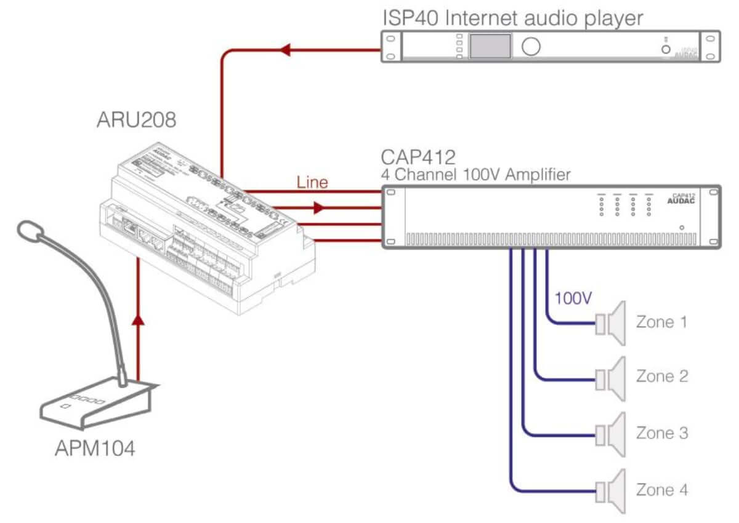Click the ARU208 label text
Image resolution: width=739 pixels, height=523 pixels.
[136, 119]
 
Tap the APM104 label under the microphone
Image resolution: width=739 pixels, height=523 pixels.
[95, 449]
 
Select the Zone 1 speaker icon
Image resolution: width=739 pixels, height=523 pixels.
[611, 322]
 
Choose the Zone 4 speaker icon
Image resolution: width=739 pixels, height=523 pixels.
[611, 490]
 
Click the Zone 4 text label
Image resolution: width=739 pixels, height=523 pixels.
[662, 490]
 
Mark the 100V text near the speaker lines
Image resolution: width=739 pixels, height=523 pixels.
[573, 299]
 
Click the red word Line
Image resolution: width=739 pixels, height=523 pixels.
[312, 182]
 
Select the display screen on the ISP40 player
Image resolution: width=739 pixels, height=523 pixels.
[490, 46]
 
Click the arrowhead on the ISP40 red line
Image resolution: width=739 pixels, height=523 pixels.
[285, 50]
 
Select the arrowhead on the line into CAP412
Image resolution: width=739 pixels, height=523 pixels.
[318, 208]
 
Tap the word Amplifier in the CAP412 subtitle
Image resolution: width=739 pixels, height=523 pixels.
[538, 175]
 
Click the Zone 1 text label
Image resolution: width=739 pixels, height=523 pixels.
[661, 322]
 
